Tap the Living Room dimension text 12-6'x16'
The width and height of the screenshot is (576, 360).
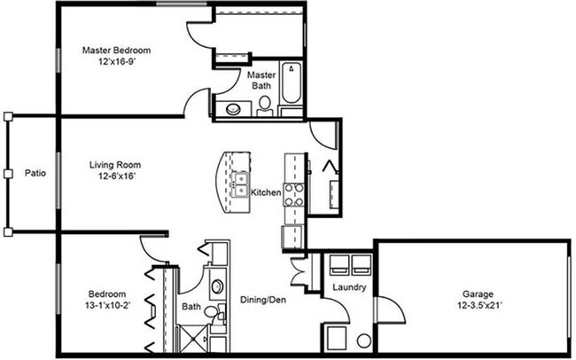(x=116, y=177)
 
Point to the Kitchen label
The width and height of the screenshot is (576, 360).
(x=266, y=192)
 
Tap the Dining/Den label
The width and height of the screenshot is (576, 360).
(x=262, y=301)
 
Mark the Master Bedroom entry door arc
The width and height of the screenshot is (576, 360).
(x=196, y=102)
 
